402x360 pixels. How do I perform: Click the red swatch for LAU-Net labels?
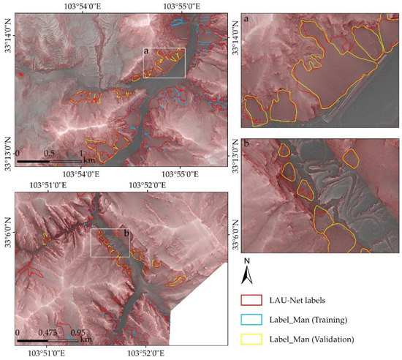[x=251, y=300]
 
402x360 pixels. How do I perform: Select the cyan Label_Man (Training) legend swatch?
[x=251, y=319]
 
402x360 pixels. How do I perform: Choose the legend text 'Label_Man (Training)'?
[x=311, y=319]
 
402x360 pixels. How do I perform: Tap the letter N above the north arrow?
[x=249, y=261]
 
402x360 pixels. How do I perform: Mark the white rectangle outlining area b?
[x=110, y=243]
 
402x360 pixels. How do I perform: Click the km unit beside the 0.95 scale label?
[x=86, y=340]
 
